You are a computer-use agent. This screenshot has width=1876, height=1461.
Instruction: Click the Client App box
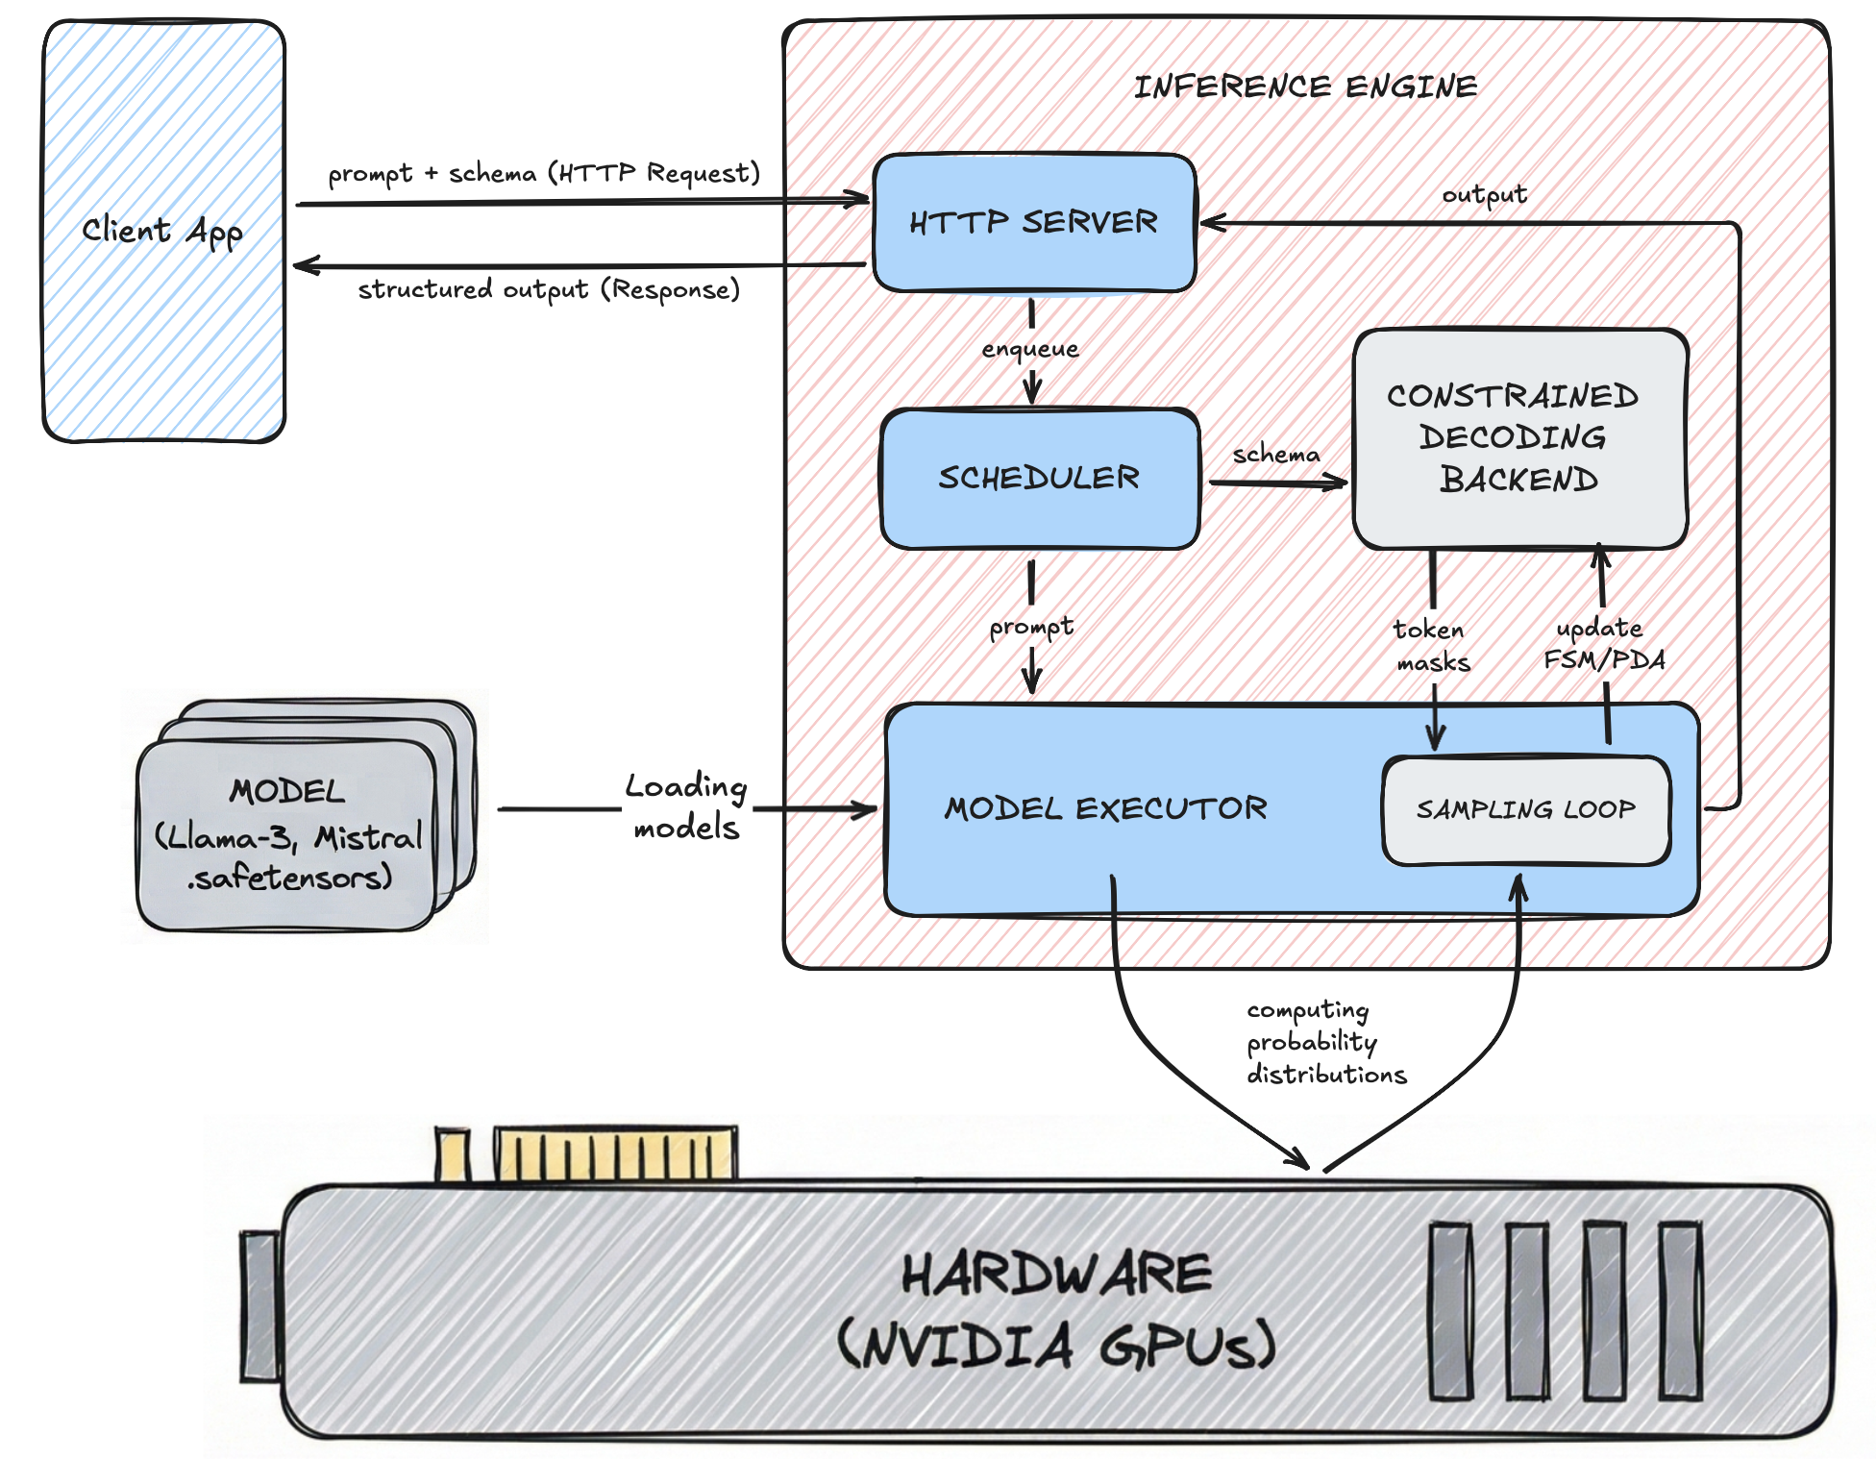pyautogui.click(x=163, y=231)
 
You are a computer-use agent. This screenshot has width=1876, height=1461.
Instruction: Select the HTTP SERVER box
pyautogui.click(x=1034, y=223)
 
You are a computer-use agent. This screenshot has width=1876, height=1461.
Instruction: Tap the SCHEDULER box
pyautogui.click(x=1040, y=479)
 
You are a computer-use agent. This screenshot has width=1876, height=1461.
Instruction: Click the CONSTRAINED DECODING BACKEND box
pyautogui.click(x=1518, y=438)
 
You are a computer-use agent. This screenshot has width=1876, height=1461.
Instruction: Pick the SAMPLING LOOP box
pyautogui.click(x=1525, y=810)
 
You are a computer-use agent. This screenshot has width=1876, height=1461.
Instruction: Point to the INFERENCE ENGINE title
pyautogui.click(x=1305, y=87)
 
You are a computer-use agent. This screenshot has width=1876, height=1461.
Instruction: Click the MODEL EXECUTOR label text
pyautogui.click(x=1105, y=809)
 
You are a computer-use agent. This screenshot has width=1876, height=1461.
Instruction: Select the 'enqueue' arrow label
pyautogui.click(x=1030, y=349)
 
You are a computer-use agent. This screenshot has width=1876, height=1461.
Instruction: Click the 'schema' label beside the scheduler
pyautogui.click(x=1276, y=454)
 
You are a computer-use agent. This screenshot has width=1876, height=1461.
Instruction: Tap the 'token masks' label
pyautogui.click(x=1432, y=646)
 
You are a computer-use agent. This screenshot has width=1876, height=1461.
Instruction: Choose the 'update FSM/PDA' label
pyautogui.click(x=1603, y=644)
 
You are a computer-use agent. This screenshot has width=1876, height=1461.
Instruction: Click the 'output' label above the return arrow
pyautogui.click(x=1484, y=195)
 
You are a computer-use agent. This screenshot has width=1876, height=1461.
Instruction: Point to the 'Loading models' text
pyautogui.click(x=686, y=807)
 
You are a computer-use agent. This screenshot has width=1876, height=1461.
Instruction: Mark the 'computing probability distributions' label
pyautogui.click(x=1324, y=1043)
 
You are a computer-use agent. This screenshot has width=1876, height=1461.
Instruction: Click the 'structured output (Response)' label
pyautogui.click(x=549, y=290)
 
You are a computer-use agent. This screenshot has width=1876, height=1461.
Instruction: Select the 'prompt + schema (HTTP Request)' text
pyautogui.click(x=544, y=174)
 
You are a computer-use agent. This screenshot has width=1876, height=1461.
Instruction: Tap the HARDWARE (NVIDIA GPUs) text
pyautogui.click(x=1057, y=1309)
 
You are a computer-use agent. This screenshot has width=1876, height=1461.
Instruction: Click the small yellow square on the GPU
pyautogui.click(x=453, y=1154)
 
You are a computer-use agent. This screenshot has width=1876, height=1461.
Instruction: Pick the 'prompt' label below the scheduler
pyautogui.click(x=1031, y=627)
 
